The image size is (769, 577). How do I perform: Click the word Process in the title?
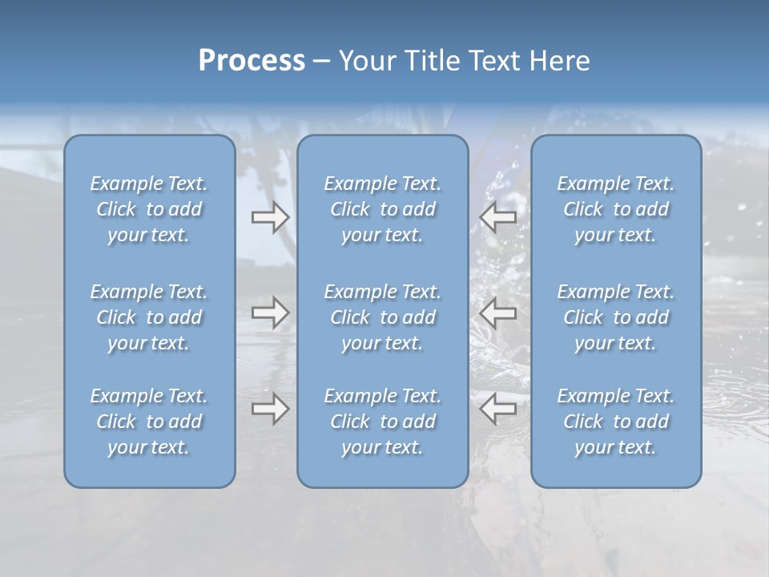252,61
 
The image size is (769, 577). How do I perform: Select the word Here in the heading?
560,61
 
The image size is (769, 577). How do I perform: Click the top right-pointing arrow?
270,217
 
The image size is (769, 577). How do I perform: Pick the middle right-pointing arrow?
270,313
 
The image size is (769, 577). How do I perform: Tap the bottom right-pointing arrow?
270,409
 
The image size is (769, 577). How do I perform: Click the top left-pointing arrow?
498,217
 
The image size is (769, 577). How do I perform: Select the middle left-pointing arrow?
498,313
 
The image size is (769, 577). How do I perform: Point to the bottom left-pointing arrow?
498,409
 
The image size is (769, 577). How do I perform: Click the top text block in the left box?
149,209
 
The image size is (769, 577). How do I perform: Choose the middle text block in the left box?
149,317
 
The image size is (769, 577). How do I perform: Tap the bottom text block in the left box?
149,422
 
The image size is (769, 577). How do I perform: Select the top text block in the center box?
382,209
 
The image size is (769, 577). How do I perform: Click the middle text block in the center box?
382,317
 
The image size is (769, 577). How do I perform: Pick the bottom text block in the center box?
382,422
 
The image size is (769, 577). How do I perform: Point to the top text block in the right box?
616,209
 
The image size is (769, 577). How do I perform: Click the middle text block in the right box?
616,317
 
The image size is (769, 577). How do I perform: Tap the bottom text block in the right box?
616,422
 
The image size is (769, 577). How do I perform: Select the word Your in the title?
364,61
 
